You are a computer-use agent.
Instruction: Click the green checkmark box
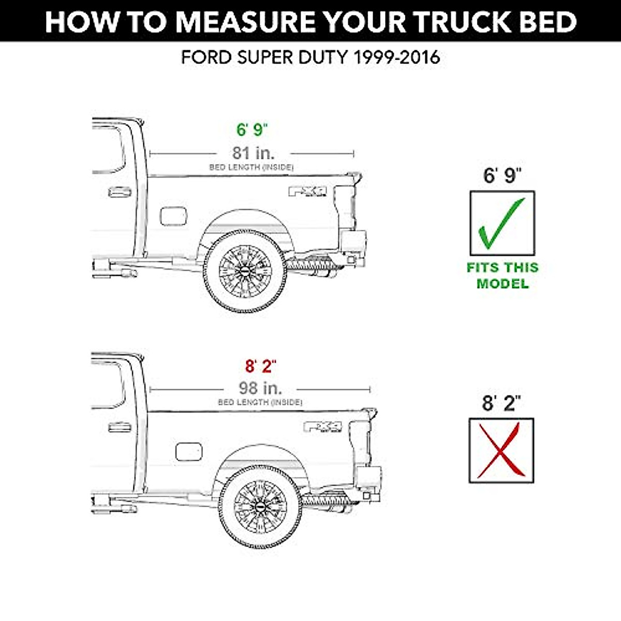click(501, 223)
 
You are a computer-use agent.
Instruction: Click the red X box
click(501, 450)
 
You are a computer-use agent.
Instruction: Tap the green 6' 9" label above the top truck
click(253, 129)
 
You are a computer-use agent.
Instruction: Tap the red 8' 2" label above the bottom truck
click(260, 366)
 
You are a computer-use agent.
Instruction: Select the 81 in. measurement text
click(253, 153)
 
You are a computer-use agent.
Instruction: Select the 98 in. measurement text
click(260, 388)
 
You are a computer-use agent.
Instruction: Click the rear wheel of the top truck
click(245, 271)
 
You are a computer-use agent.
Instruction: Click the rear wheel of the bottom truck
click(260, 506)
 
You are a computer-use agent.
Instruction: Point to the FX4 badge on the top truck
click(307, 191)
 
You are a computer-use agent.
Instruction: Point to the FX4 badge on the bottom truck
click(322, 426)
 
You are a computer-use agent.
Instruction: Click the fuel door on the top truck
click(173, 216)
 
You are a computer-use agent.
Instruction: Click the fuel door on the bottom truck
click(188, 451)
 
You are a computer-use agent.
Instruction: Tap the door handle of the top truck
click(120, 193)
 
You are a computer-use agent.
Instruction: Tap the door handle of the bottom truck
click(120, 427)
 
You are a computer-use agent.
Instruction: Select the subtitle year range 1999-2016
click(396, 57)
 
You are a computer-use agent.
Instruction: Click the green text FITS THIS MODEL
click(502, 275)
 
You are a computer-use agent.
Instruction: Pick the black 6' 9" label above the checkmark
click(502, 175)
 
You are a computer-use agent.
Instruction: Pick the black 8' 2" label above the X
click(501, 403)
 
